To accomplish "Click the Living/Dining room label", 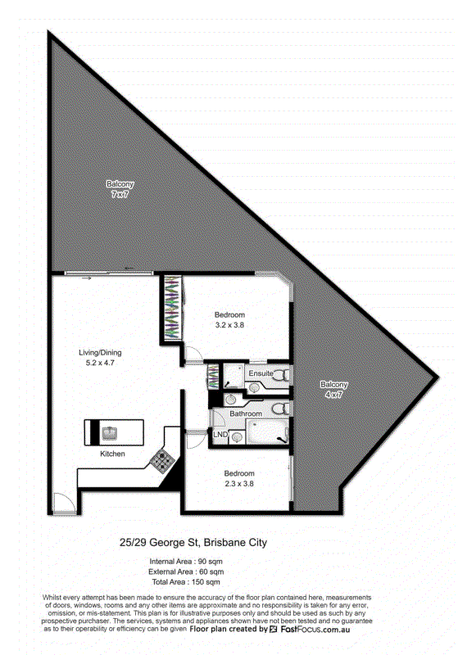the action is pyautogui.click(x=100, y=353).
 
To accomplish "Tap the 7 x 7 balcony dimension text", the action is pyautogui.click(x=120, y=194).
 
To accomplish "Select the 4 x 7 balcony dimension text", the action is pyautogui.click(x=333, y=395).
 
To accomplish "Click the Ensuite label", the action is pyautogui.click(x=261, y=373).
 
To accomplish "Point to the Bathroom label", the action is pyautogui.click(x=246, y=413).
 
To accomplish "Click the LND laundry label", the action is pyautogui.click(x=220, y=435).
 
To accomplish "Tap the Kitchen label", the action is pyautogui.click(x=112, y=454).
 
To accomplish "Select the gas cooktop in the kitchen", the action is pyautogui.click(x=162, y=460).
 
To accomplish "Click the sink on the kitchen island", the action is pyautogui.click(x=110, y=433).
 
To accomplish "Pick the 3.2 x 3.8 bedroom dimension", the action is pyautogui.click(x=229, y=325).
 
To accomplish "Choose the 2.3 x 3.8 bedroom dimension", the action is pyautogui.click(x=239, y=484).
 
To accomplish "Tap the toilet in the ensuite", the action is pyautogui.click(x=281, y=375).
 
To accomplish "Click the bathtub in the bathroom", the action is pyautogui.click(x=267, y=431).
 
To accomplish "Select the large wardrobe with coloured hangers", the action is pyautogui.click(x=172, y=308).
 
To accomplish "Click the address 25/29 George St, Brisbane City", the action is pyautogui.click(x=193, y=543).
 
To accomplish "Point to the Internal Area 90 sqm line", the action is pyautogui.click(x=186, y=562).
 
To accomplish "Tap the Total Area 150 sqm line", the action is pyautogui.click(x=186, y=582).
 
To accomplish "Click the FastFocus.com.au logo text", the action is pyautogui.click(x=315, y=629).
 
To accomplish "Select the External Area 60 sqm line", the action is pyautogui.click(x=186, y=571).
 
